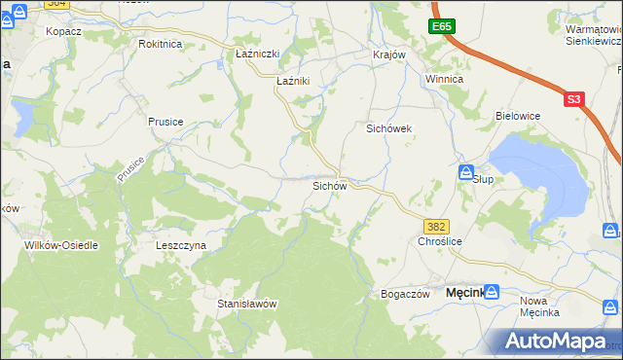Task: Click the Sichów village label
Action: coord(329,185)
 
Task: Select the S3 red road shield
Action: coord(574,99)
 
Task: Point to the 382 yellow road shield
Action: coord(437,226)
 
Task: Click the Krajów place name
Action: coord(388,54)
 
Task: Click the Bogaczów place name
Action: coord(406,294)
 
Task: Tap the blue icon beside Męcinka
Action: coord(492,291)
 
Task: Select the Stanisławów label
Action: coord(247,304)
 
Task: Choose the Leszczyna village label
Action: coord(181,246)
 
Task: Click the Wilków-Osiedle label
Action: coord(62,245)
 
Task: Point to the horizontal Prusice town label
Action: coord(165,122)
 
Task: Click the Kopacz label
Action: coord(63,31)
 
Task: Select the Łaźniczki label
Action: coord(258,55)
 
